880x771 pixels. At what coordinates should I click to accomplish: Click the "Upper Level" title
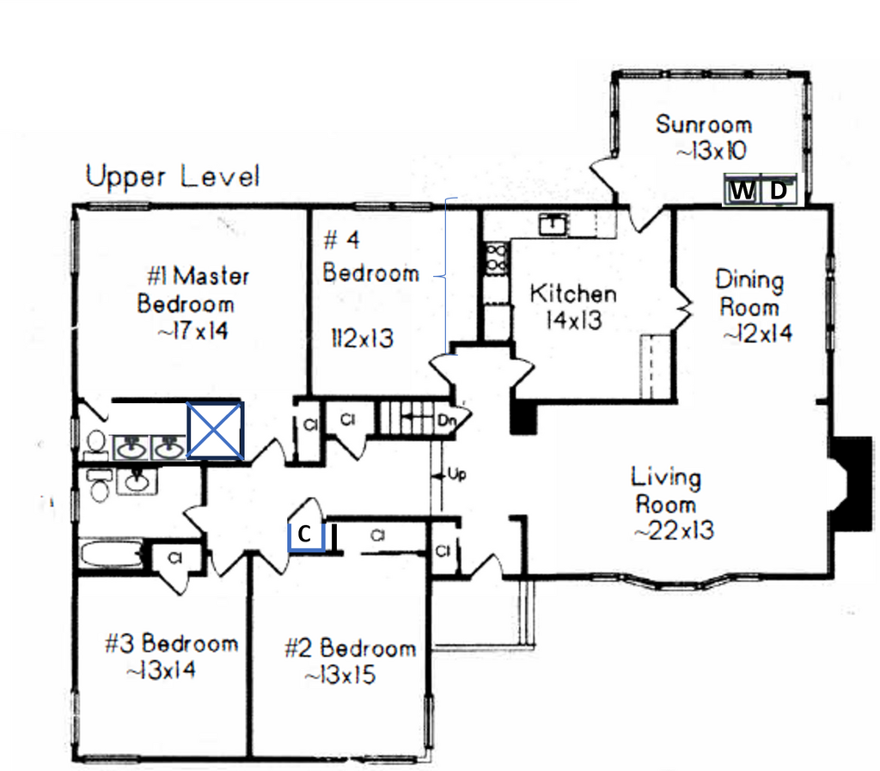point(172,176)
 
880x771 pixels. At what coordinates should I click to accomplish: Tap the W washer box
point(742,191)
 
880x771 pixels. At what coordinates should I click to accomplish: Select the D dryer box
point(779,191)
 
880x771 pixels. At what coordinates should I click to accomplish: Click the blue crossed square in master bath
point(215,431)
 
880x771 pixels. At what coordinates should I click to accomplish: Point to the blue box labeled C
point(306,535)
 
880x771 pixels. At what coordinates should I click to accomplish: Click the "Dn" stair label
point(446,419)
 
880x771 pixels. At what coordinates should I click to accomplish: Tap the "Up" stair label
point(457,474)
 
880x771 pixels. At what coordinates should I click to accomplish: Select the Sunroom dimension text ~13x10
point(712,150)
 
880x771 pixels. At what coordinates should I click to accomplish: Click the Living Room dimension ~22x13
point(674,530)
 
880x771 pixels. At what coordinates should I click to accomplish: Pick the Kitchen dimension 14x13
point(573,320)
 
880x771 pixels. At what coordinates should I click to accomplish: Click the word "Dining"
point(749,280)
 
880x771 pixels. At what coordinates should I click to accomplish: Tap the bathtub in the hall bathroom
point(111,554)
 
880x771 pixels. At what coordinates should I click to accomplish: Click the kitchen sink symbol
point(553,224)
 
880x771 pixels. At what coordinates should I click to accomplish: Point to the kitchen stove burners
point(497,258)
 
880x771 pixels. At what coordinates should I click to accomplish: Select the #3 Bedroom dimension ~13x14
point(161,670)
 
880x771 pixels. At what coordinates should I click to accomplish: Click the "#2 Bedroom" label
point(351,648)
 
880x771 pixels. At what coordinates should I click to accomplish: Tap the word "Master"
point(211,276)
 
